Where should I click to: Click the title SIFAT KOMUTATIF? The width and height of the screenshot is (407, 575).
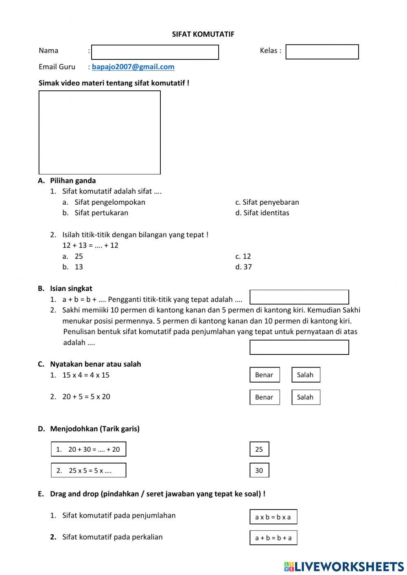pyautogui.click(x=203, y=35)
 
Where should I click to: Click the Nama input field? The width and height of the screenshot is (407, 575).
pyautogui.click(x=155, y=52)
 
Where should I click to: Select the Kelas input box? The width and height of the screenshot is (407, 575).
pyautogui.click(x=322, y=52)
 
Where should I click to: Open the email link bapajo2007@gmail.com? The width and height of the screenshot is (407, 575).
pyautogui.click(x=133, y=67)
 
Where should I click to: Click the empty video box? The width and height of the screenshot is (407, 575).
pyautogui.click(x=99, y=132)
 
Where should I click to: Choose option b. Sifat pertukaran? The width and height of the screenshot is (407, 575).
pyautogui.click(x=101, y=213)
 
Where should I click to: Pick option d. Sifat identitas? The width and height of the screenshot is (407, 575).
pyautogui.click(x=266, y=213)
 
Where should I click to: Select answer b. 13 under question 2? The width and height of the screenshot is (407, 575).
pyautogui.click(x=78, y=267)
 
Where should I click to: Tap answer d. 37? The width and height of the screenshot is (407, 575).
pyautogui.click(x=247, y=267)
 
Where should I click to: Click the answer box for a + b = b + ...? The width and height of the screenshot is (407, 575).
pyautogui.click(x=299, y=297)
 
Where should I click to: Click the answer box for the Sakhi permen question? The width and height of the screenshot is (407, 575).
pyautogui.click(x=299, y=347)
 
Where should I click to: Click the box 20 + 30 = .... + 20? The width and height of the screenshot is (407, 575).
pyautogui.click(x=88, y=449)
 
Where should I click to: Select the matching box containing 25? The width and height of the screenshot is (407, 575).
pyautogui.click(x=259, y=449)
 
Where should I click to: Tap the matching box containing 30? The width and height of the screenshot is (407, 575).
pyautogui.click(x=259, y=470)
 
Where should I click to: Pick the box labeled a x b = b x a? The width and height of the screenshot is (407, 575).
pyautogui.click(x=273, y=517)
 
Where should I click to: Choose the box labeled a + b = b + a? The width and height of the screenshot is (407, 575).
pyautogui.click(x=273, y=538)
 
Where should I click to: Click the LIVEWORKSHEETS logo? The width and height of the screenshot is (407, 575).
pyautogui.click(x=344, y=566)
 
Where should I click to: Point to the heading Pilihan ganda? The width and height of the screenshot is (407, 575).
pyautogui.click(x=73, y=181)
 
